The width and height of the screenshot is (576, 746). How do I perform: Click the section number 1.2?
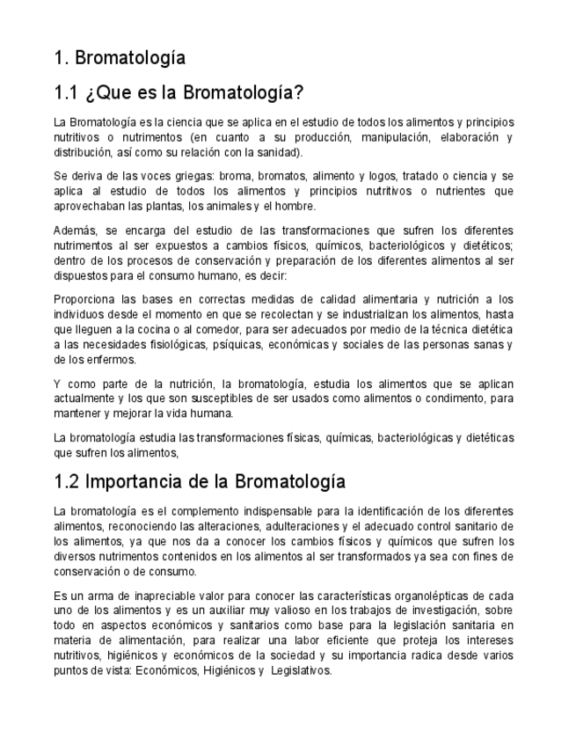point(67,482)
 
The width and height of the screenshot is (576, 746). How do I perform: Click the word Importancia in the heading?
point(132,482)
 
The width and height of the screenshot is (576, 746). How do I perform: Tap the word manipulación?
point(392,137)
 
